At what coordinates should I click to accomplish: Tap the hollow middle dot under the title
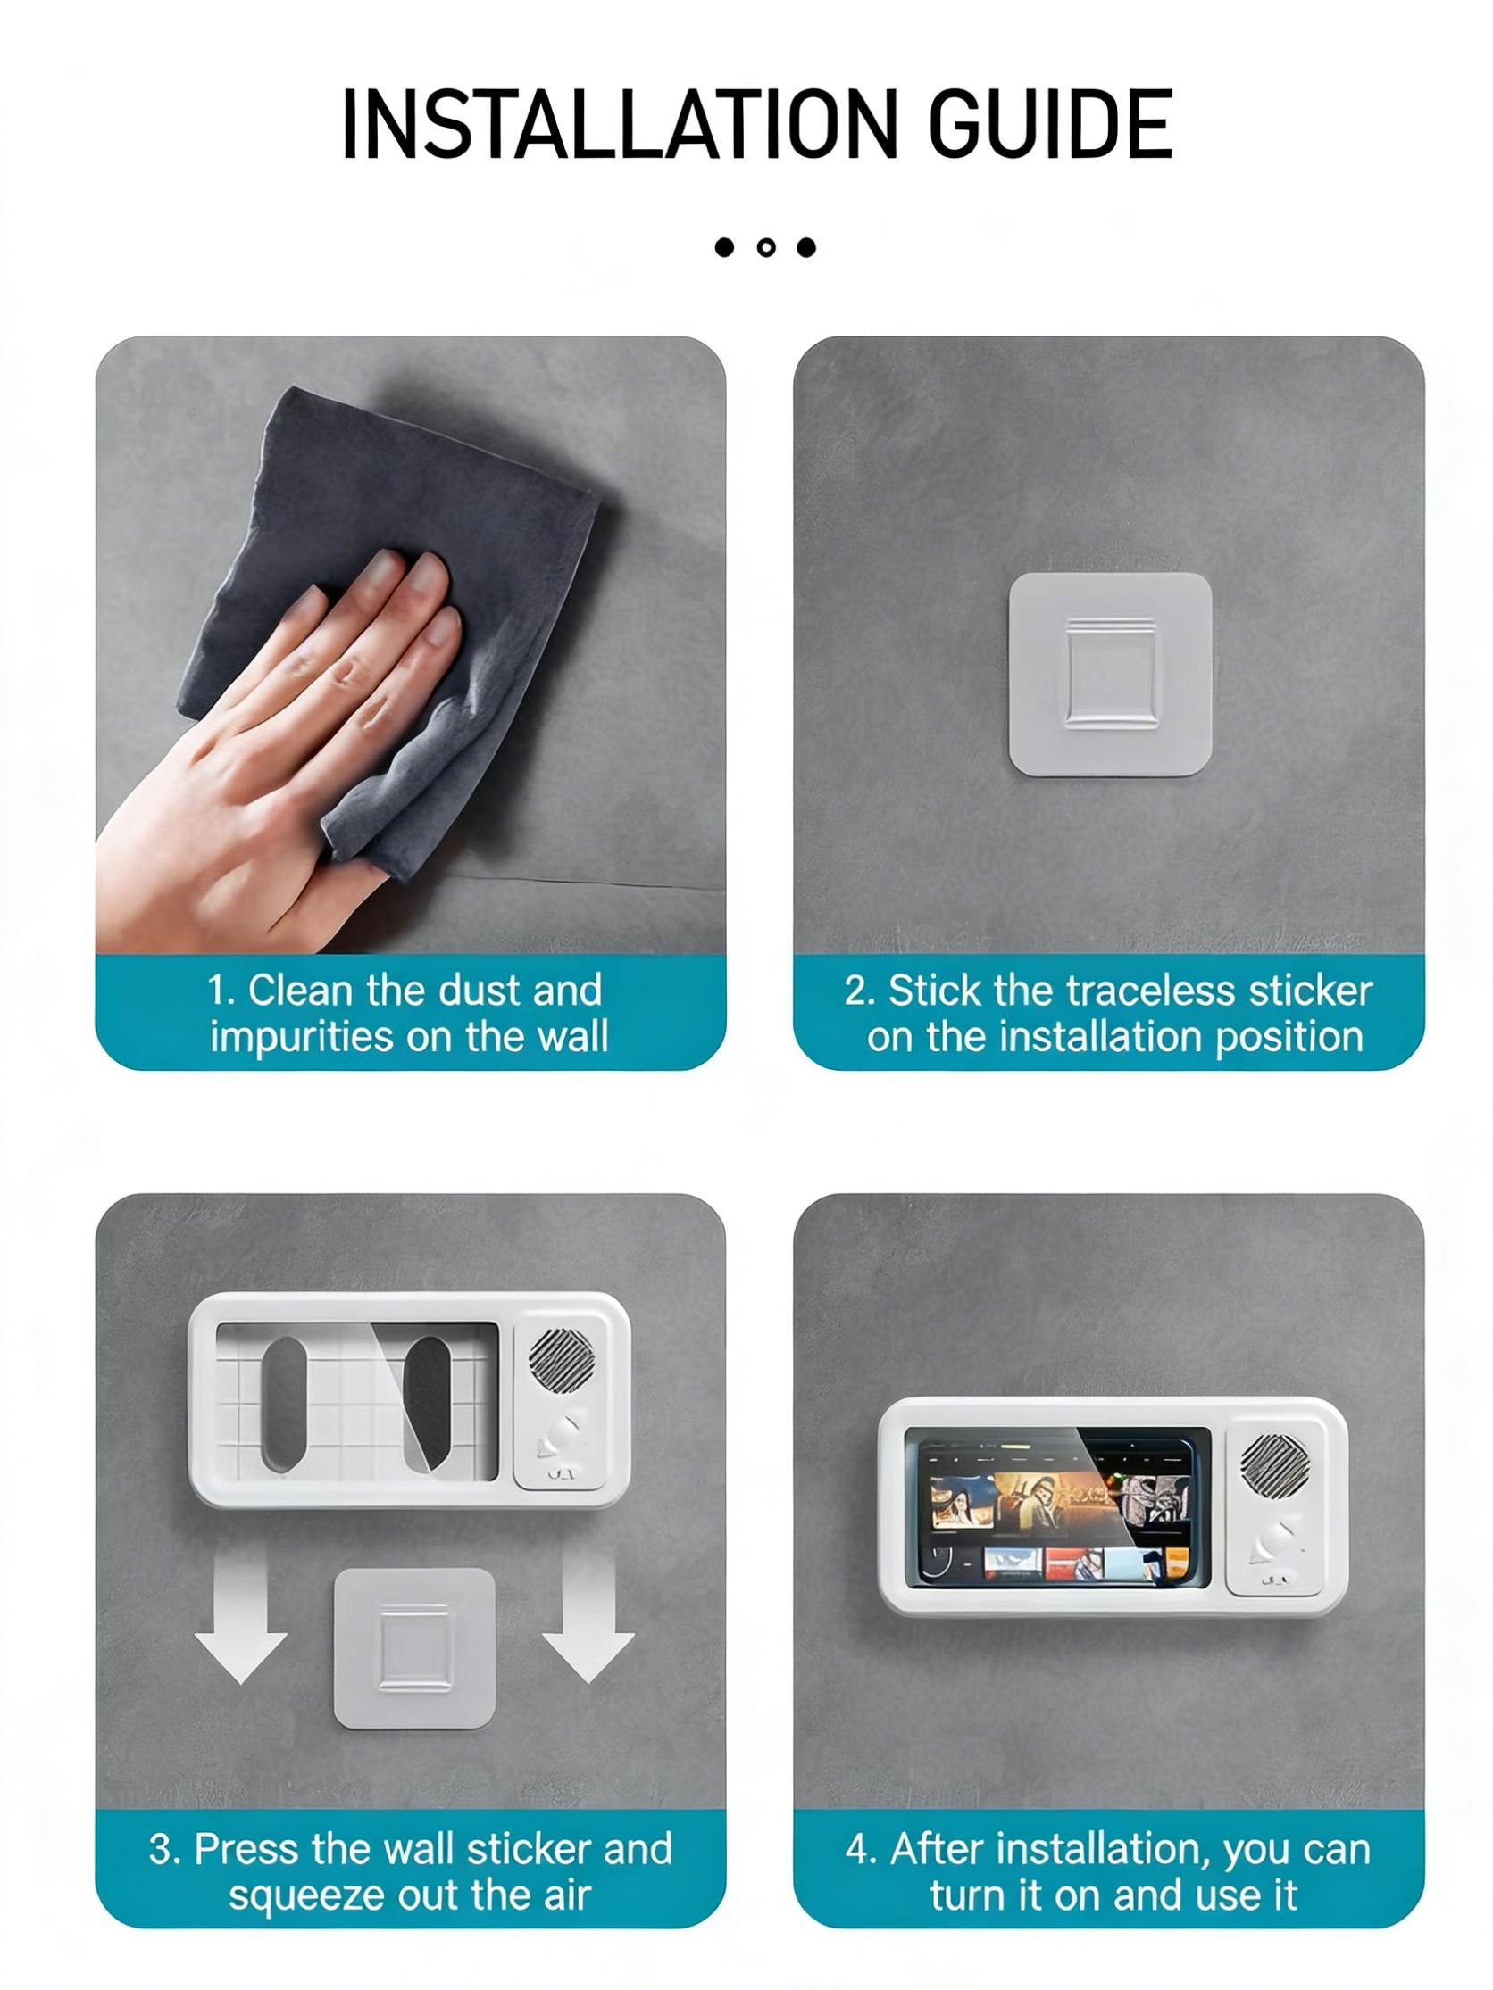pyautogui.click(x=766, y=247)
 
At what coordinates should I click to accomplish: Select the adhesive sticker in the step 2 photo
pyautogui.click(x=1109, y=675)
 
